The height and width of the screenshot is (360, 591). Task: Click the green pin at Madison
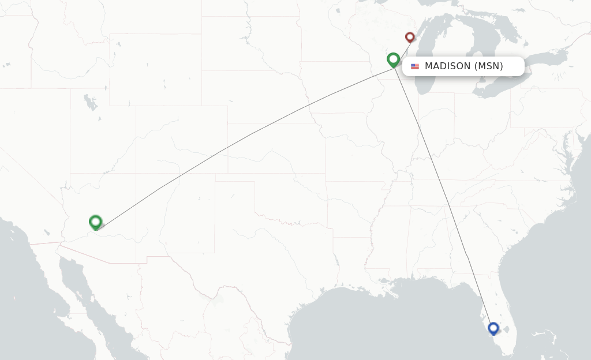coord(393,59)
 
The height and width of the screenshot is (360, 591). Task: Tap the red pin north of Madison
coord(410,37)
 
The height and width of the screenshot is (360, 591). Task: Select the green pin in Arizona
coord(96,222)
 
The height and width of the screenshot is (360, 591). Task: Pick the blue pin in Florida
coord(493,328)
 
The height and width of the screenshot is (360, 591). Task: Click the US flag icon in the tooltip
coord(415,66)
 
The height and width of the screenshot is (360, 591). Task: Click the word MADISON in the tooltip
coord(447,66)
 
